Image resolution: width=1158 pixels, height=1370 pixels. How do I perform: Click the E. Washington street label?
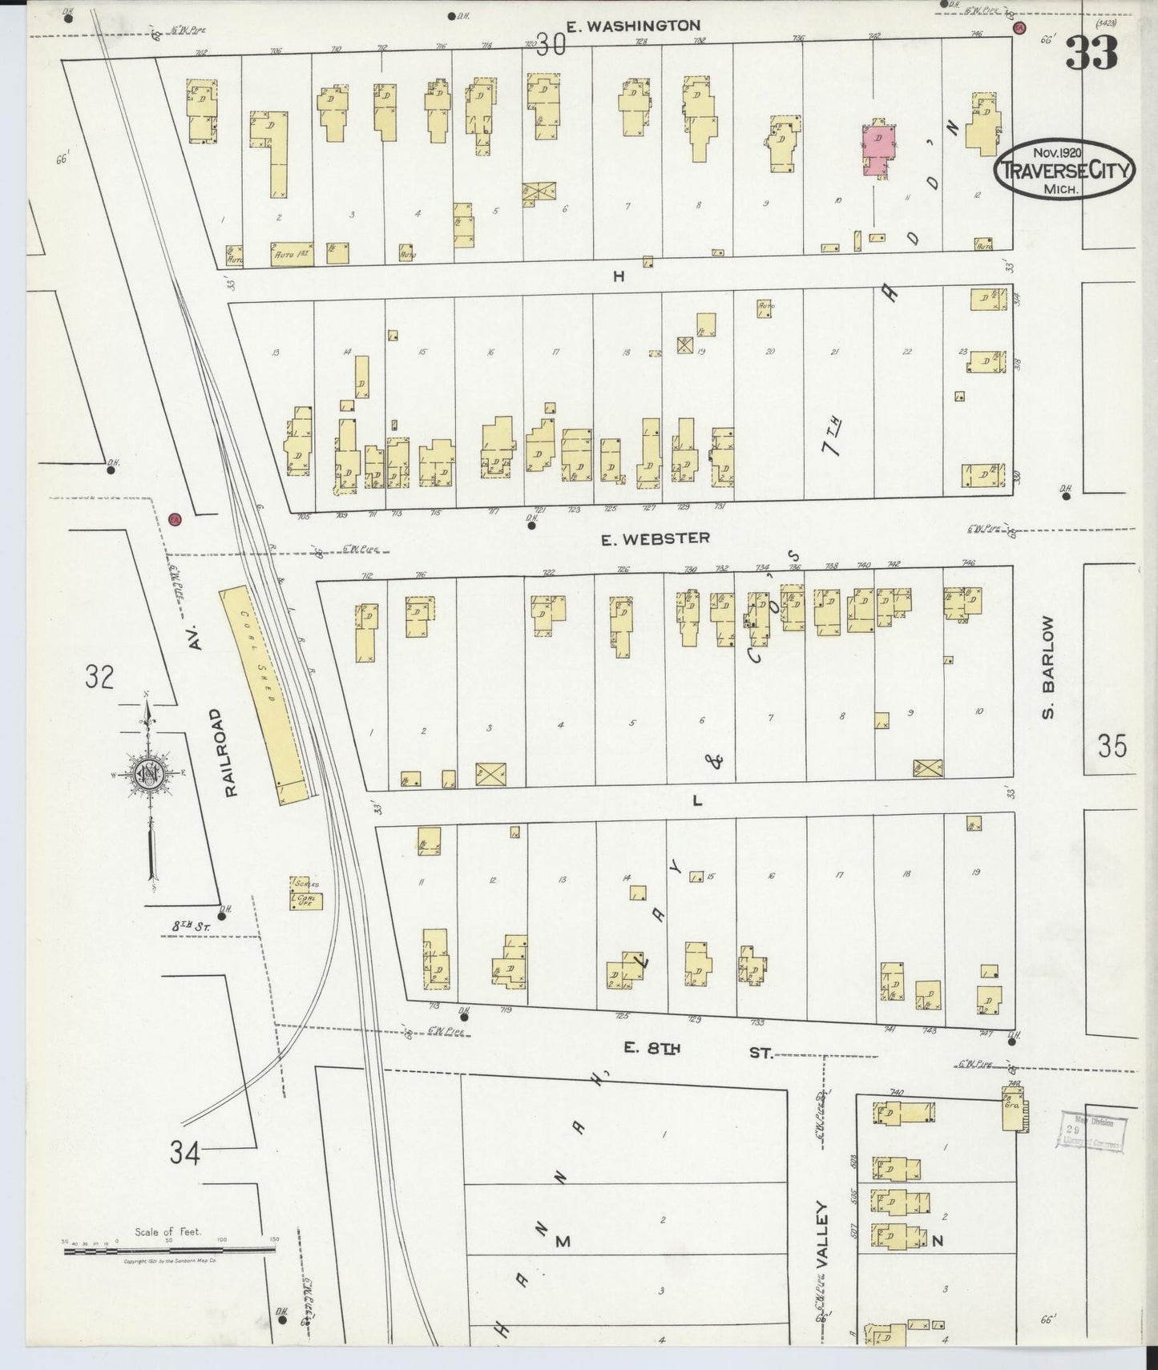(x=633, y=26)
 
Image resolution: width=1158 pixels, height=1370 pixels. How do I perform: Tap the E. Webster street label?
(x=656, y=538)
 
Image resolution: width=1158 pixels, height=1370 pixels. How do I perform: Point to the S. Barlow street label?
(x=1051, y=667)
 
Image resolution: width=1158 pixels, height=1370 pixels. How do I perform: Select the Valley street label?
(x=821, y=1234)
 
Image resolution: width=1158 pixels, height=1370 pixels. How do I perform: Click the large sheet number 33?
(x=1091, y=53)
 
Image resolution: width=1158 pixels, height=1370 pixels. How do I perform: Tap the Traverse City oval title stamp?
(x=1064, y=170)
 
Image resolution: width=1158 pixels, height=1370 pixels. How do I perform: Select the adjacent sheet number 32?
(x=100, y=677)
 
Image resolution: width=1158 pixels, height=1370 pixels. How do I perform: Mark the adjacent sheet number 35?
(x=1112, y=747)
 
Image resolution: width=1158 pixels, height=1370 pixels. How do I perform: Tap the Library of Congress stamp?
(x=1093, y=1132)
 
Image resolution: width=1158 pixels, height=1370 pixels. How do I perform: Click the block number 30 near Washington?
(x=552, y=46)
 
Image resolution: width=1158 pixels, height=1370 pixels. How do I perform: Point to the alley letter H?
(x=618, y=276)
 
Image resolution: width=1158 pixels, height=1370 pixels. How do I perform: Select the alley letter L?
(x=696, y=800)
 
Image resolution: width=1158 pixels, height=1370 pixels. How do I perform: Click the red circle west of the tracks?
(x=176, y=519)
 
